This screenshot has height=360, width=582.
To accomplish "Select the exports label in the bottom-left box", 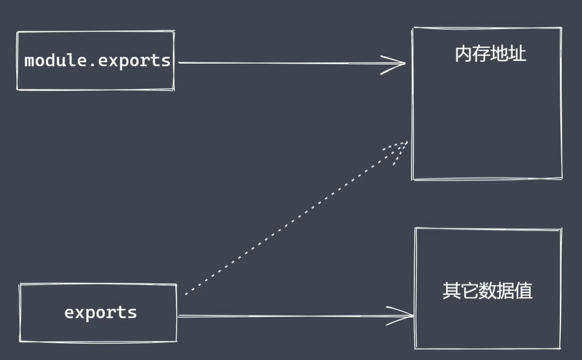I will [101, 313].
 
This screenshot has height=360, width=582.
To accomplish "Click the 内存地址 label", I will [490, 55].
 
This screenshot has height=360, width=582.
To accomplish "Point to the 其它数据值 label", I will [487, 290].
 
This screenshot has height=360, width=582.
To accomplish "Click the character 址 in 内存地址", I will [517, 55].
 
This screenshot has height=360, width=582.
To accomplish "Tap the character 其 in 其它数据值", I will [451, 290].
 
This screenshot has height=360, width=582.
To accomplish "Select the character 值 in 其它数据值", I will [523, 290].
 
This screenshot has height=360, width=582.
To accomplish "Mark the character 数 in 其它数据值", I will [487, 290].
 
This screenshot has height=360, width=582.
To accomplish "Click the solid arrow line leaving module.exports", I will [277, 63].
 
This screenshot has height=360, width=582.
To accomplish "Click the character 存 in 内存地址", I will [481, 55].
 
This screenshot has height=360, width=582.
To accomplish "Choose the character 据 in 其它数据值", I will [505, 290].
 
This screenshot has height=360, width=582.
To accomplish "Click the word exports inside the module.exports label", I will [134, 61].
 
